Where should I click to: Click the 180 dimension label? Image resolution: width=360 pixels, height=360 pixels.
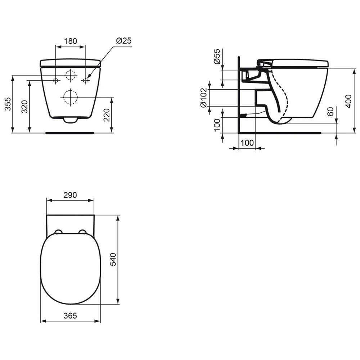(70, 41)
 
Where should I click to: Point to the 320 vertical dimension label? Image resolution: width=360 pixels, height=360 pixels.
(24, 107)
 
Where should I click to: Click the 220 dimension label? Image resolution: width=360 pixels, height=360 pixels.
(107, 115)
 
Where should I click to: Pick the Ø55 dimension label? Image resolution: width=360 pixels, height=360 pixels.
(217, 57)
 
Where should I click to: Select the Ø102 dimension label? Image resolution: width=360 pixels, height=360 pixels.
(203, 98)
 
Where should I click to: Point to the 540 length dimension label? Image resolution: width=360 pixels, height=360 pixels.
(113, 259)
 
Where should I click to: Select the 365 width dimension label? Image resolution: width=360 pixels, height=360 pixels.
(70, 316)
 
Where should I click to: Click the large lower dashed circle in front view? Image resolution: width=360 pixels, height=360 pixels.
(70, 97)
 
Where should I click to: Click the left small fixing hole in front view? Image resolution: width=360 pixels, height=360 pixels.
(56, 80)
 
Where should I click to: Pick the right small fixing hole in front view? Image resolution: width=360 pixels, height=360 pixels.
(85, 80)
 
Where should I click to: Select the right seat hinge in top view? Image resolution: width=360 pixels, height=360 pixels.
(83, 232)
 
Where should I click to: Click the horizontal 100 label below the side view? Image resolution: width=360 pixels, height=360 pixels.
(247, 143)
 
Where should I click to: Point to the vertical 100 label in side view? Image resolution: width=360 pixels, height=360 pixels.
(217, 125)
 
